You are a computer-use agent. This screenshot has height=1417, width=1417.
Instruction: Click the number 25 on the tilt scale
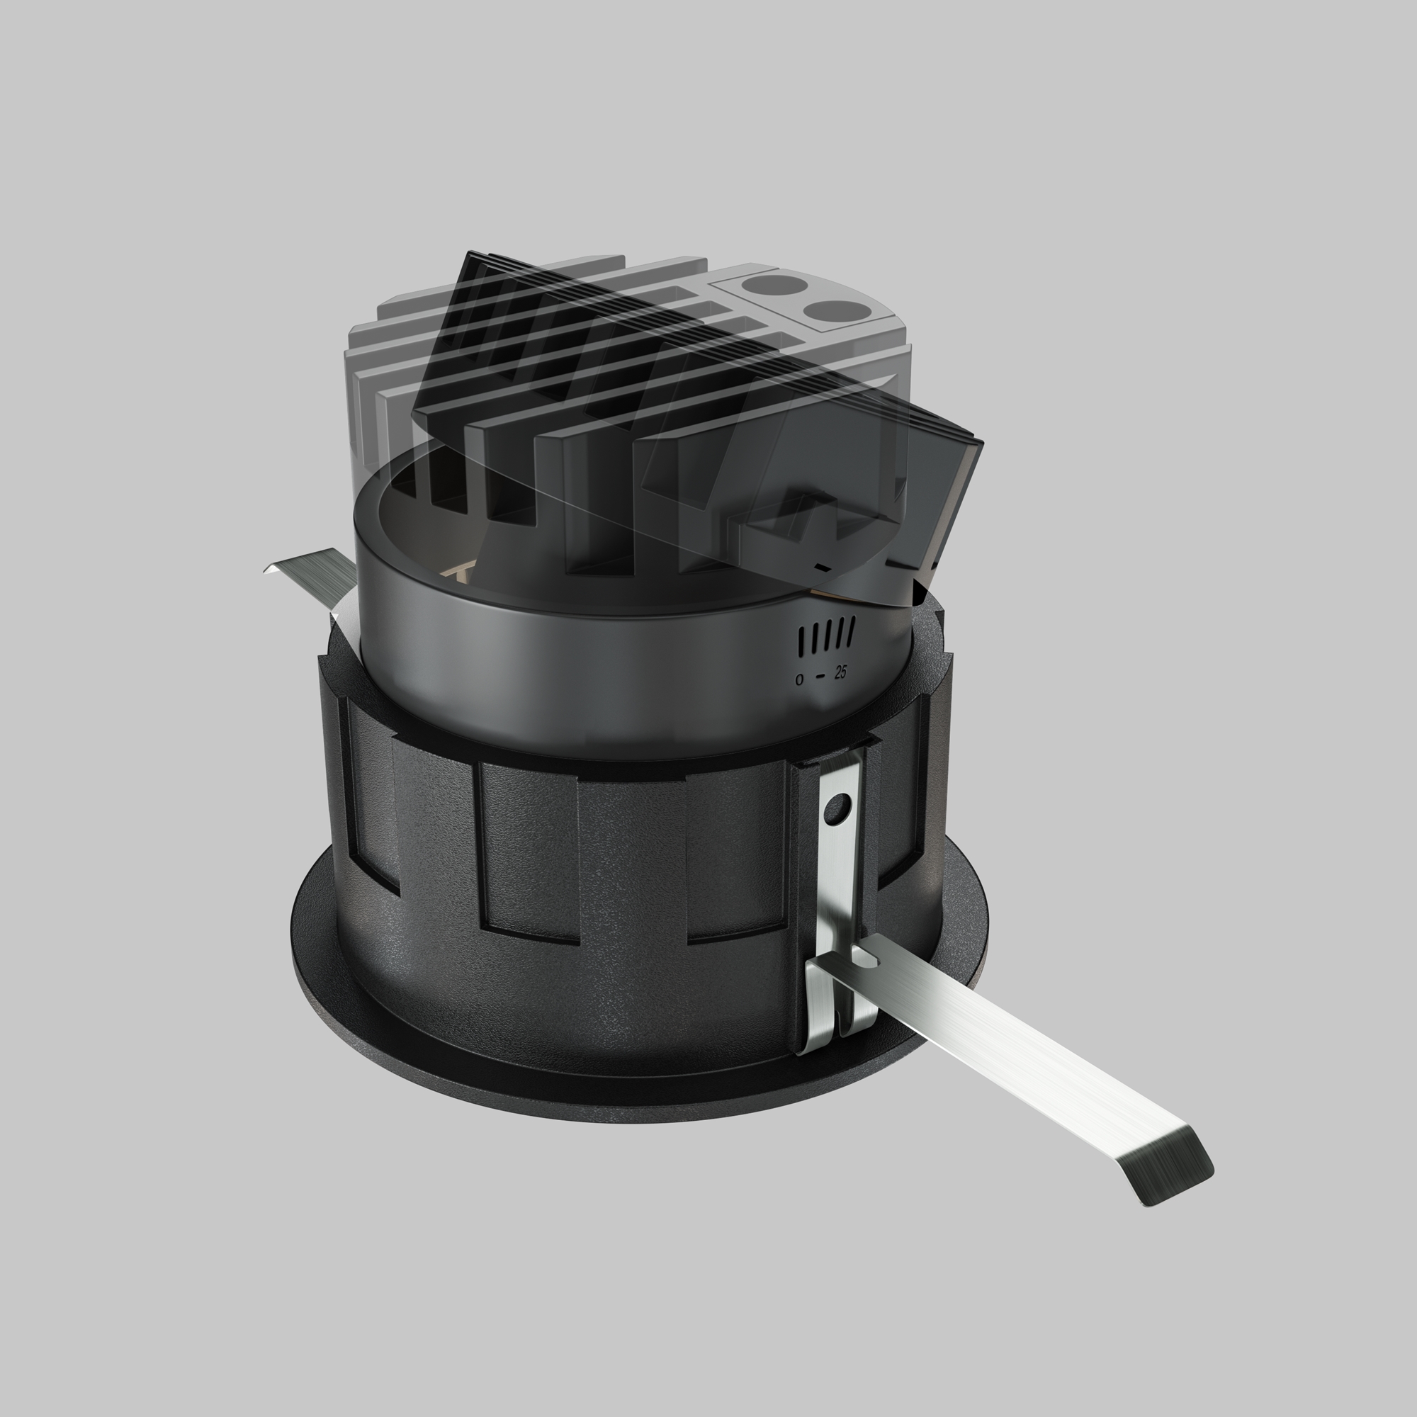840,672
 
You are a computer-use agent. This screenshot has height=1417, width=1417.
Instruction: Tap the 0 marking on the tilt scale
799,679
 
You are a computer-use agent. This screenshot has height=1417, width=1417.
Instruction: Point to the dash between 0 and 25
820,676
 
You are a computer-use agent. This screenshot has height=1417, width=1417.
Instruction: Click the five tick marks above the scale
826,635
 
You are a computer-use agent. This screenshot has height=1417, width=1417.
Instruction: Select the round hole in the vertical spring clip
837,809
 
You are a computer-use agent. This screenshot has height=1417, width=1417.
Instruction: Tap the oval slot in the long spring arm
867,956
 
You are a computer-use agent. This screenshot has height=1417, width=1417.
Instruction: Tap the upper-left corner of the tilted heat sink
468,256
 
